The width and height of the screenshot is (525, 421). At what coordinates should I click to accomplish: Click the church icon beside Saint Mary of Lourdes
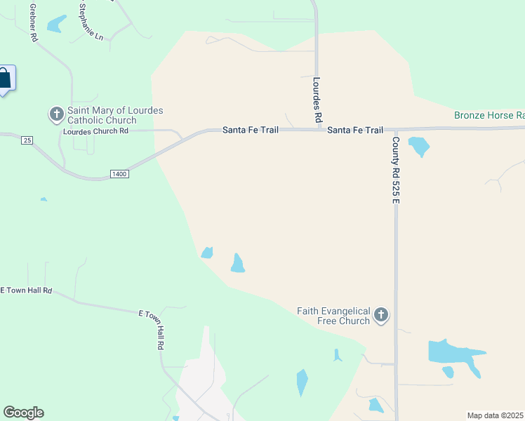point(56,114)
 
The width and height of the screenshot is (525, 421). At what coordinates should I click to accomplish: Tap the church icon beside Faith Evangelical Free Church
point(381,315)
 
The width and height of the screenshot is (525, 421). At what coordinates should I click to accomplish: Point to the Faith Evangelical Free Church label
point(333,316)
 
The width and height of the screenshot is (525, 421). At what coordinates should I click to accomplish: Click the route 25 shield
point(27,140)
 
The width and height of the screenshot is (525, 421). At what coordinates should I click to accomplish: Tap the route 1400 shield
point(119,173)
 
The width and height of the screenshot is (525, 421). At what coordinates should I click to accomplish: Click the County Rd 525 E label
point(396,171)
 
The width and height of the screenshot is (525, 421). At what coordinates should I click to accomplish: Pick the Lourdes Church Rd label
point(95,131)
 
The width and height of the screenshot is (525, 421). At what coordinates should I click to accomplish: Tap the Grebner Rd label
point(33,23)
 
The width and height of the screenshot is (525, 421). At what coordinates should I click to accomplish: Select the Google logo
point(23,413)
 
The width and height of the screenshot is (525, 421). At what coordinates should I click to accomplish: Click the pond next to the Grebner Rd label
point(55,25)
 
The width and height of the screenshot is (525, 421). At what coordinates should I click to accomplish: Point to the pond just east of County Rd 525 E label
point(419,147)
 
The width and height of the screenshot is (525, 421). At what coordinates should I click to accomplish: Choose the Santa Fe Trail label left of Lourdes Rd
point(251,130)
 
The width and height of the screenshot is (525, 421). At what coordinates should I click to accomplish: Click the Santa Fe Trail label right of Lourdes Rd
point(355,130)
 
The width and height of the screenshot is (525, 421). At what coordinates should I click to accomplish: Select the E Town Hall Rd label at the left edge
point(27,290)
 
